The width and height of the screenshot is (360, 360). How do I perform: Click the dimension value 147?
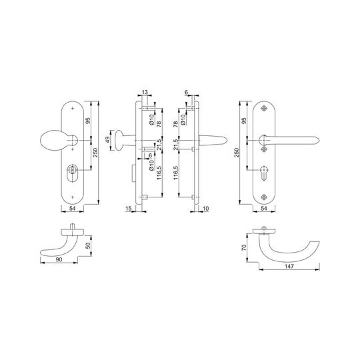click(x=289, y=266)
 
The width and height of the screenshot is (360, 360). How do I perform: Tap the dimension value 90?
click(x=59, y=260)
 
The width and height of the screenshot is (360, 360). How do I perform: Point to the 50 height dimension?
click(x=88, y=245)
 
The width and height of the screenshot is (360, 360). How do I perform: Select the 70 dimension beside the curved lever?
click(x=244, y=247)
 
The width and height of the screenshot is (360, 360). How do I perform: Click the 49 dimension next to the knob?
click(x=107, y=140)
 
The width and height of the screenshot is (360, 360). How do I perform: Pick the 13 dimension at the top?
click(x=145, y=92)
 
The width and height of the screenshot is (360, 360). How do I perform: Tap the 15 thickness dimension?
click(x=129, y=209)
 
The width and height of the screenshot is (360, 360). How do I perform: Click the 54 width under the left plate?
click(x=72, y=209)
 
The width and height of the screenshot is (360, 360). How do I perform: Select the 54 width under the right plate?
click(x=264, y=209)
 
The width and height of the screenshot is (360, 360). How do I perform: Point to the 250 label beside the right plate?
click(x=237, y=153)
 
